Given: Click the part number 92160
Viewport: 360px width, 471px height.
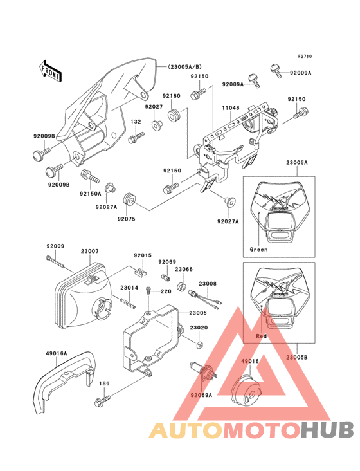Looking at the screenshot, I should (x=171, y=95).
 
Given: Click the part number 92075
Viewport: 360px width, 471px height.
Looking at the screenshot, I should (x=126, y=219).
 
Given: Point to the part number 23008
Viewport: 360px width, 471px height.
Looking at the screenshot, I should (x=207, y=283).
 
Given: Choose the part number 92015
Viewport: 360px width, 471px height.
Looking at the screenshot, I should (x=143, y=255).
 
